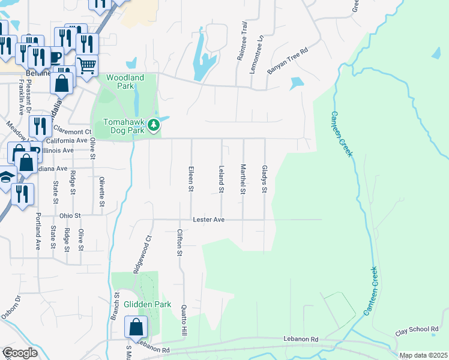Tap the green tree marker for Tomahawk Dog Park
154,125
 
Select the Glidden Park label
143,304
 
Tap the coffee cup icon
55,58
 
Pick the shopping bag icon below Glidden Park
136,328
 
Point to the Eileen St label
191,179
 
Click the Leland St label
221,179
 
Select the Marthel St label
243,179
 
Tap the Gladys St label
264,179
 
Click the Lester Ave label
208,220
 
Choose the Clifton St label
179,242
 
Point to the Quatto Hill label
184,319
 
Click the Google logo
20,353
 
